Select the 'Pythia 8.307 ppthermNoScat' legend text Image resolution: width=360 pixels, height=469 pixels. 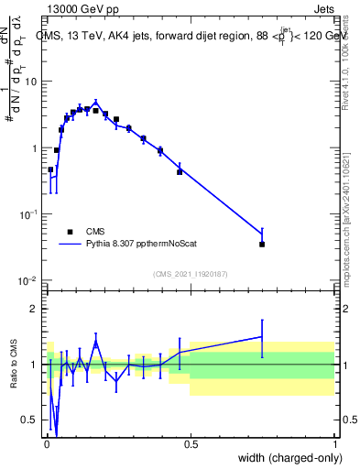[x=141, y=245]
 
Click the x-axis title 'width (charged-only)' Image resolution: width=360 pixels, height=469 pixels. [x=287, y=458]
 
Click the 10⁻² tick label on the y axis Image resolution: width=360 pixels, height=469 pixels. [x=31, y=280]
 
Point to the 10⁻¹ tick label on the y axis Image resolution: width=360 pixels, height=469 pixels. [x=31, y=214]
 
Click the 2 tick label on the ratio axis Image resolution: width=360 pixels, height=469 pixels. [x=38, y=309]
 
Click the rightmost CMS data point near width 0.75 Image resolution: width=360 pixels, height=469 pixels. [x=262, y=244]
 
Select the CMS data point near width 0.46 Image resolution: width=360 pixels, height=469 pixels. [x=180, y=171]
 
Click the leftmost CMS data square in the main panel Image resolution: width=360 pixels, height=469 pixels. [x=50, y=169]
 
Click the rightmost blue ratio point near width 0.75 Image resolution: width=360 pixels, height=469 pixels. [x=262, y=336]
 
